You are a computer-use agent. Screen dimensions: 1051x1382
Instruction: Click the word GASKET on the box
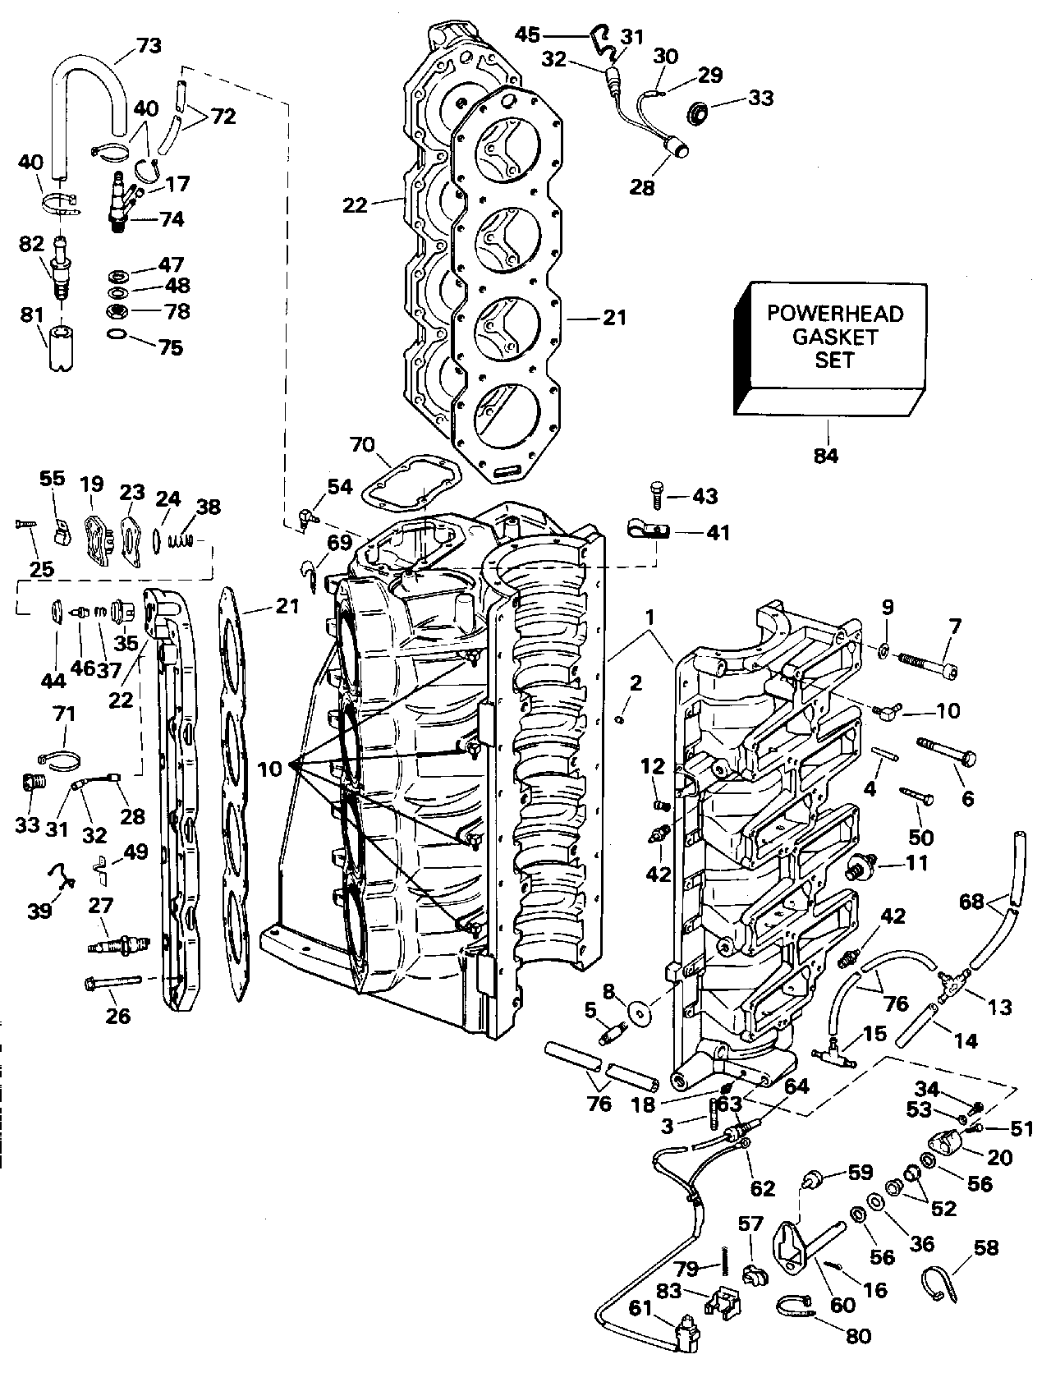pos(834,337)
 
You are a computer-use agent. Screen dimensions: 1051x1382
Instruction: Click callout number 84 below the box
pos(826,455)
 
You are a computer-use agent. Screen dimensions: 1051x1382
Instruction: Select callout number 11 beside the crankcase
pos(916,863)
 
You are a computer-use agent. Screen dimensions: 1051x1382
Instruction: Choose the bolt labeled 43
pos(656,494)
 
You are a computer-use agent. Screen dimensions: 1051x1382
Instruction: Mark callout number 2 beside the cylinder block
pos(636,682)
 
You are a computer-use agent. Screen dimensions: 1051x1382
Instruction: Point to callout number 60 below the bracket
pos(842,1305)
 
